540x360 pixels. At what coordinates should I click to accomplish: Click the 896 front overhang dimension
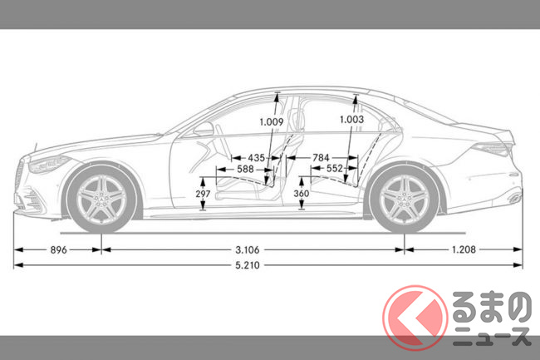click(x=58, y=249)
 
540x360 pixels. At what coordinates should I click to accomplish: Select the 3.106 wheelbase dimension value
click(x=252, y=249)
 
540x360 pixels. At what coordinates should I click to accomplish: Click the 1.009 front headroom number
click(x=271, y=122)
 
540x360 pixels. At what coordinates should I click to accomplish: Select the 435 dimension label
click(x=256, y=157)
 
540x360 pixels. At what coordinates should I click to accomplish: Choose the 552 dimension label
click(x=335, y=169)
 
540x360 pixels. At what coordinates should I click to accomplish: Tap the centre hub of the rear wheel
click(x=403, y=200)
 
